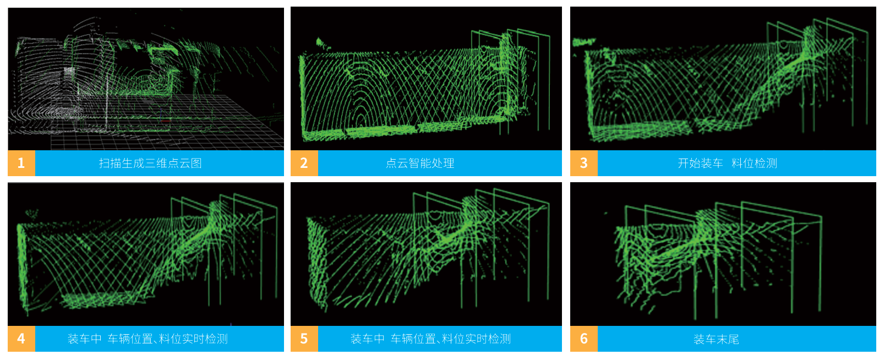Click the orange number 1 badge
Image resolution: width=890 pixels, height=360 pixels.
[x=21, y=163]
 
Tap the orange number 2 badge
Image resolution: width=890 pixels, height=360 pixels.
[x=304, y=163]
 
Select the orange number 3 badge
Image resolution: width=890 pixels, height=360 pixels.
[x=584, y=163]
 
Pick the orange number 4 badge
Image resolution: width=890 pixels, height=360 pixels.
[x=21, y=339]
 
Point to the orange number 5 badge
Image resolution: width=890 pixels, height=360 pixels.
[x=304, y=339]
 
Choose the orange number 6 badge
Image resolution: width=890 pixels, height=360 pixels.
[x=584, y=339]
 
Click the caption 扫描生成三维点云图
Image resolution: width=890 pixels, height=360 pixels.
[x=150, y=163]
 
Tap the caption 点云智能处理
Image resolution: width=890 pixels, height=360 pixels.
[x=420, y=163]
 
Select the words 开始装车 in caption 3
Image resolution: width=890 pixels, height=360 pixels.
[x=700, y=163]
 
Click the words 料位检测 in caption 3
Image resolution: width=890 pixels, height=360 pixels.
[x=754, y=163]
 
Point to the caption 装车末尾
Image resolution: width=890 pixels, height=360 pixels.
[x=717, y=339]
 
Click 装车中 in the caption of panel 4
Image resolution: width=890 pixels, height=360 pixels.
[x=85, y=339]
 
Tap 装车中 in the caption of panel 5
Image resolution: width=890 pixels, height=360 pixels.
[x=368, y=339]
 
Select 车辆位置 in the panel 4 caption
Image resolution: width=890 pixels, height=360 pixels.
[x=130, y=339]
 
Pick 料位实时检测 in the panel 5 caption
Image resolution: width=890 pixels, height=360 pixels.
[x=476, y=339]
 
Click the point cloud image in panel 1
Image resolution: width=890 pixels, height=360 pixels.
[x=146, y=79]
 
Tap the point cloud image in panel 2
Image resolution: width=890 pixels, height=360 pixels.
[x=427, y=78]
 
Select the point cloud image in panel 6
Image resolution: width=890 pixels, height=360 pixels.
[x=723, y=254]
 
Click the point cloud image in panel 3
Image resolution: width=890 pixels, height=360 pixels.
[x=723, y=78]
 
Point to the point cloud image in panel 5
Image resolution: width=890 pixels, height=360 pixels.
[x=427, y=254]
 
